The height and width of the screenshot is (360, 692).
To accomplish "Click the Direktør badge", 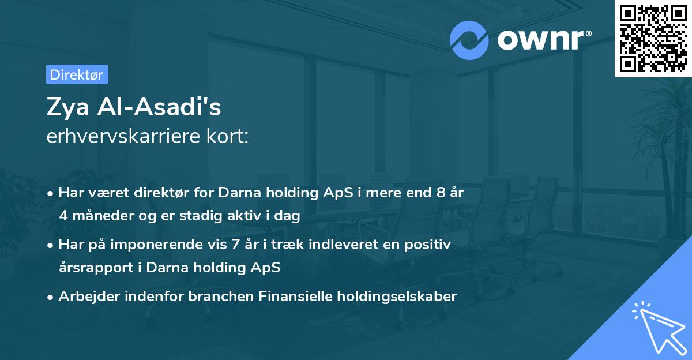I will point(77,74).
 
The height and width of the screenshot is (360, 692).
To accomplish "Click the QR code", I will point(653,38).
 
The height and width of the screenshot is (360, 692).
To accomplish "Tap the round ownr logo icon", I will point(469,40).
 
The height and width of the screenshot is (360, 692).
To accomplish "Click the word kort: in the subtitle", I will point(229,137).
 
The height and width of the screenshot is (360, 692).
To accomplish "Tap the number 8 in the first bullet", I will point(441,192).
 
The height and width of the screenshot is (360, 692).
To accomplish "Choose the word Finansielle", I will point(298,297).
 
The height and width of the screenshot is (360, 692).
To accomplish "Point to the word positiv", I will point(429,245).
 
